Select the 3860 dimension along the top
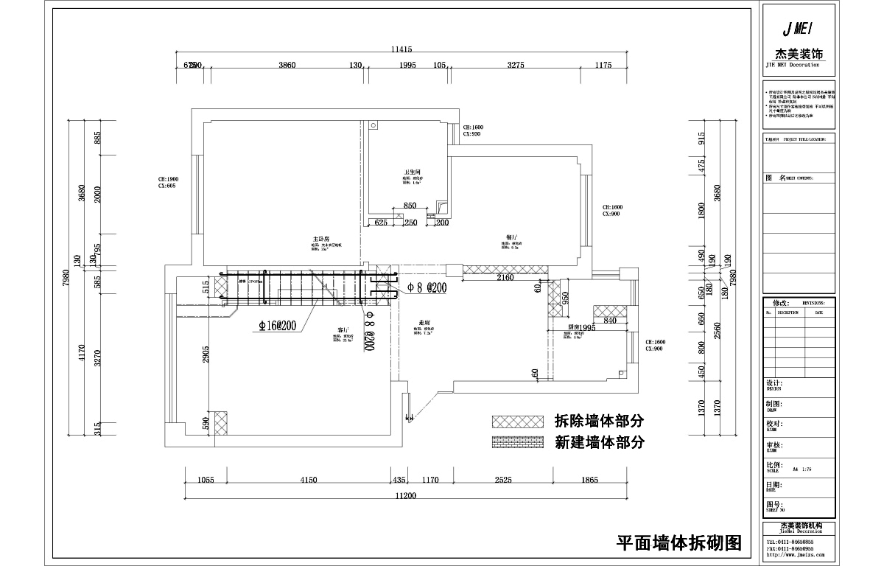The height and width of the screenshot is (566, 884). click(287, 66)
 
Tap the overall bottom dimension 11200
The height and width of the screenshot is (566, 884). click(405, 496)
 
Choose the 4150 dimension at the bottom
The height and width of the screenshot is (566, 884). click(308, 480)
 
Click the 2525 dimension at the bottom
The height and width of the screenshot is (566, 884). click(502, 480)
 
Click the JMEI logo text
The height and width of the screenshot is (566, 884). click(799, 29)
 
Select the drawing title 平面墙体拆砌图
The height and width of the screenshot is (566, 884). click(678, 544)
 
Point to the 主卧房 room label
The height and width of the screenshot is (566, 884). click(320, 239)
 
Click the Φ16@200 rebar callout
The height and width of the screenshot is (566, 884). click(277, 326)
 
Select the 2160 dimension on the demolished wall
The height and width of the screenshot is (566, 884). click(505, 278)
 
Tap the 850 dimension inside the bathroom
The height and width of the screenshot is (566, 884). click(410, 206)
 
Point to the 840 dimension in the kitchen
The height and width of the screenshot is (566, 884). click(609, 321)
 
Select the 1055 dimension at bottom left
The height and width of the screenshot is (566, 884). click(206, 480)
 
